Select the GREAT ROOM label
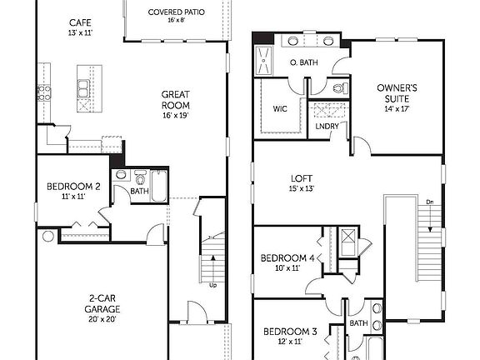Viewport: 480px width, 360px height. tap(176, 99)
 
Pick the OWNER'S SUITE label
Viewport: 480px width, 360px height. tap(397, 87)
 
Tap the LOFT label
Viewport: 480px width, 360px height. tap(301, 177)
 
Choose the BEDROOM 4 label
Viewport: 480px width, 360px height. tap(287, 258)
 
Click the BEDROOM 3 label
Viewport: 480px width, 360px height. tap(290, 332)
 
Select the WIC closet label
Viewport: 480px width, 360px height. tap(279, 108)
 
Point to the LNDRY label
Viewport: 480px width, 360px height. tap(326, 127)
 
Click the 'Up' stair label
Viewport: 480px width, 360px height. tap(212, 285)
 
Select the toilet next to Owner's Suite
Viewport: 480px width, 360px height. tap(338, 87)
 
